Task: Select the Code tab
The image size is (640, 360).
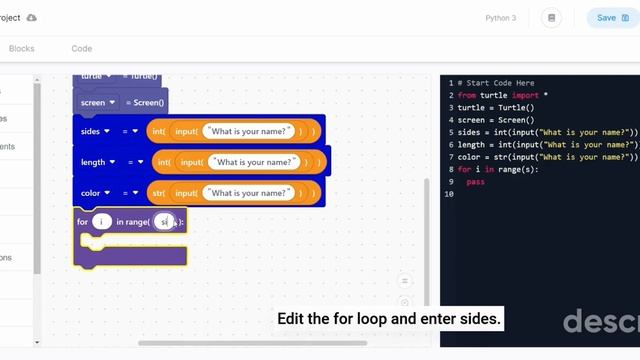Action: [x=82, y=49]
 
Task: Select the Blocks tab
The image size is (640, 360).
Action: [x=21, y=49]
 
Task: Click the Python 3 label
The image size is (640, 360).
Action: [x=501, y=18]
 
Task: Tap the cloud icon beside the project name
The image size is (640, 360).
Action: [x=31, y=18]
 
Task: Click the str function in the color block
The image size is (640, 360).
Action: [x=157, y=193]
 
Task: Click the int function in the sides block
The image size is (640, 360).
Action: [x=158, y=131]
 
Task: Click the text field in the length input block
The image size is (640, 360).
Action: [x=254, y=162]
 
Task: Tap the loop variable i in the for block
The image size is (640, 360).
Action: [x=101, y=221]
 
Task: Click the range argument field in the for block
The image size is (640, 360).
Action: [x=166, y=221]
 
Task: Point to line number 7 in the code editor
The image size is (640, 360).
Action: [x=451, y=157]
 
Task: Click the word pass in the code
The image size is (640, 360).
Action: [x=475, y=182]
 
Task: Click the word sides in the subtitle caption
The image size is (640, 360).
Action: [x=478, y=319]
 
